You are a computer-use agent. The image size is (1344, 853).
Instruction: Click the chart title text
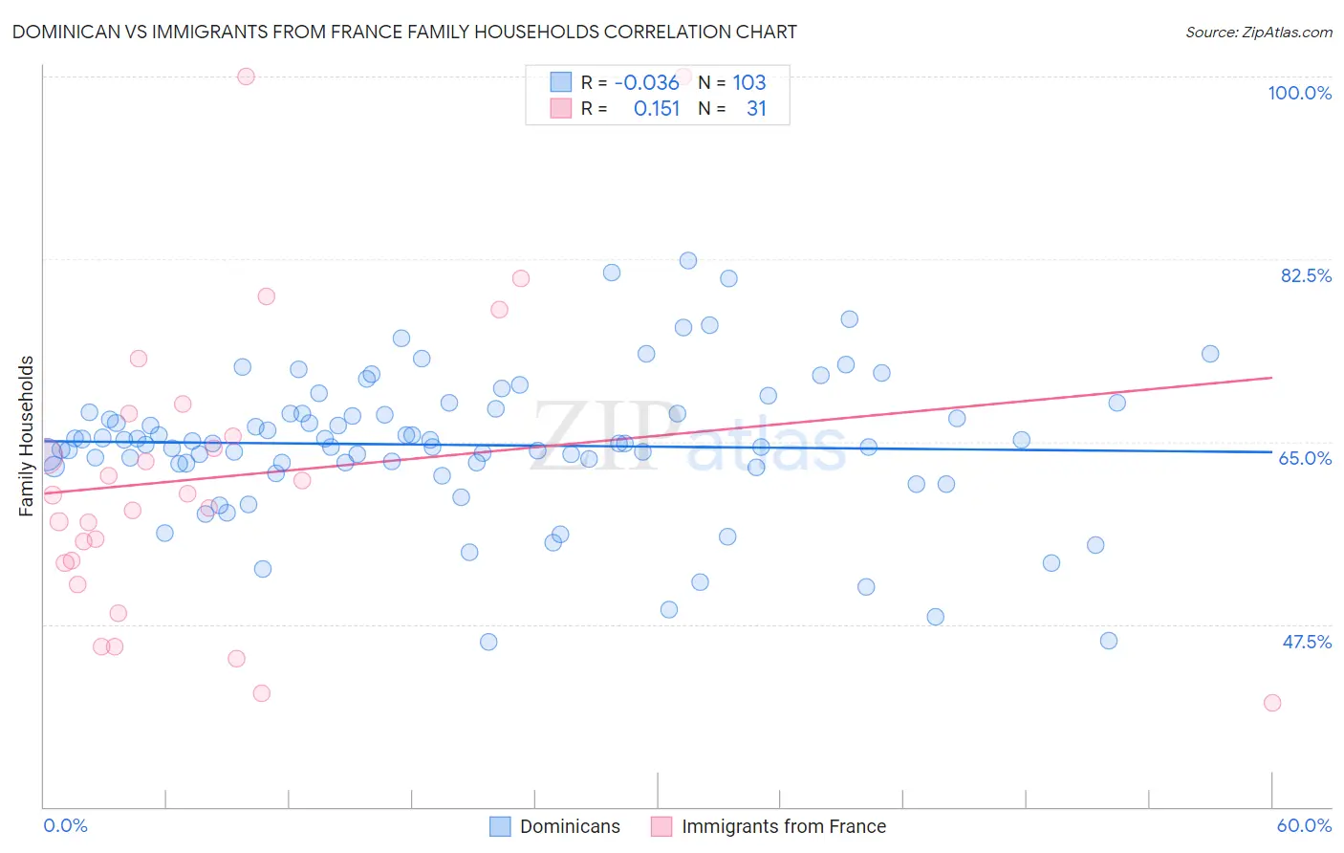(404, 32)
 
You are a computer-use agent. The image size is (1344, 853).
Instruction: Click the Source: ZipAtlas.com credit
(1258, 32)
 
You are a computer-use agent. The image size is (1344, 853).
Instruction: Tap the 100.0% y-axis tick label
(1299, 93)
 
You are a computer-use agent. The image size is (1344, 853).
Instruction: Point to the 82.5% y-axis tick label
(1306, 275)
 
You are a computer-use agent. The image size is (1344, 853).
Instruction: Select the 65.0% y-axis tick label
(1305, 458)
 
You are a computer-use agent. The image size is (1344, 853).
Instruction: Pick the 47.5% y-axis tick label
(1307, 642)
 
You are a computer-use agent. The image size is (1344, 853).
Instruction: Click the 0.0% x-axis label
(66, 825)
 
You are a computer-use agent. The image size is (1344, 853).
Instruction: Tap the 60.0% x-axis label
(1304, 825)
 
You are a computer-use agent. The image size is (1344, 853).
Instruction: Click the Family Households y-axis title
(27, 436)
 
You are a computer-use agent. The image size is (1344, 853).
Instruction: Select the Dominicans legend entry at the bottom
(570, 826)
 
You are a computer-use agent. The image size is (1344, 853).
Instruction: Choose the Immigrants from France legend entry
(783, 826)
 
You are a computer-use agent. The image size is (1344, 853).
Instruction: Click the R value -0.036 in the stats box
(647, 82)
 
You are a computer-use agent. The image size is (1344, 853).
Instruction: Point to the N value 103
(749, 82)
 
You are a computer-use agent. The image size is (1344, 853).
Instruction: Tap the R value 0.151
(657, 108)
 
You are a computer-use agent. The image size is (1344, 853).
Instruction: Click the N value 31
(756, 108)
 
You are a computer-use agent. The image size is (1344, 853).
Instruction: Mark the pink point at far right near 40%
(1272, 703)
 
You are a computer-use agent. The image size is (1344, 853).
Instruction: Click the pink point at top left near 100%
(246, 77)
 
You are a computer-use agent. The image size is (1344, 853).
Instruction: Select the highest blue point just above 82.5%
(688, 260)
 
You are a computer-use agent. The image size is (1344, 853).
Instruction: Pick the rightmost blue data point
(1210, 354)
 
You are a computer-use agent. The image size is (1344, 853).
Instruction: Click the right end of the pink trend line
(1272, 378)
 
